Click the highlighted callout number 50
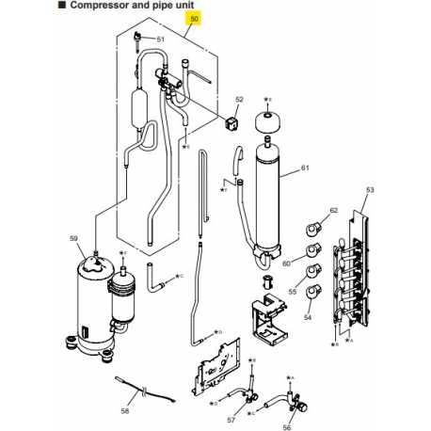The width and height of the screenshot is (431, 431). click(x=195, y=18)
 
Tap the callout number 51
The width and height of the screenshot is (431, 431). click(x=161, y=40)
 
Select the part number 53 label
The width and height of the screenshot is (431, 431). click(x=370, y=190)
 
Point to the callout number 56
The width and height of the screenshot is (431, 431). click(x=287, y=425)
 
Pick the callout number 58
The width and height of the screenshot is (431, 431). click(x=125, y=410)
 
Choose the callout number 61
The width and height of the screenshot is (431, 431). click(x=304, y=168)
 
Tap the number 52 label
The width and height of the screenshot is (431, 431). click(x=239, y=99)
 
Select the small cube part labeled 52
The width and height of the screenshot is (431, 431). click(x=231, y=121)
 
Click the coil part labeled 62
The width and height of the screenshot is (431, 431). click(x=313, y=227)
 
